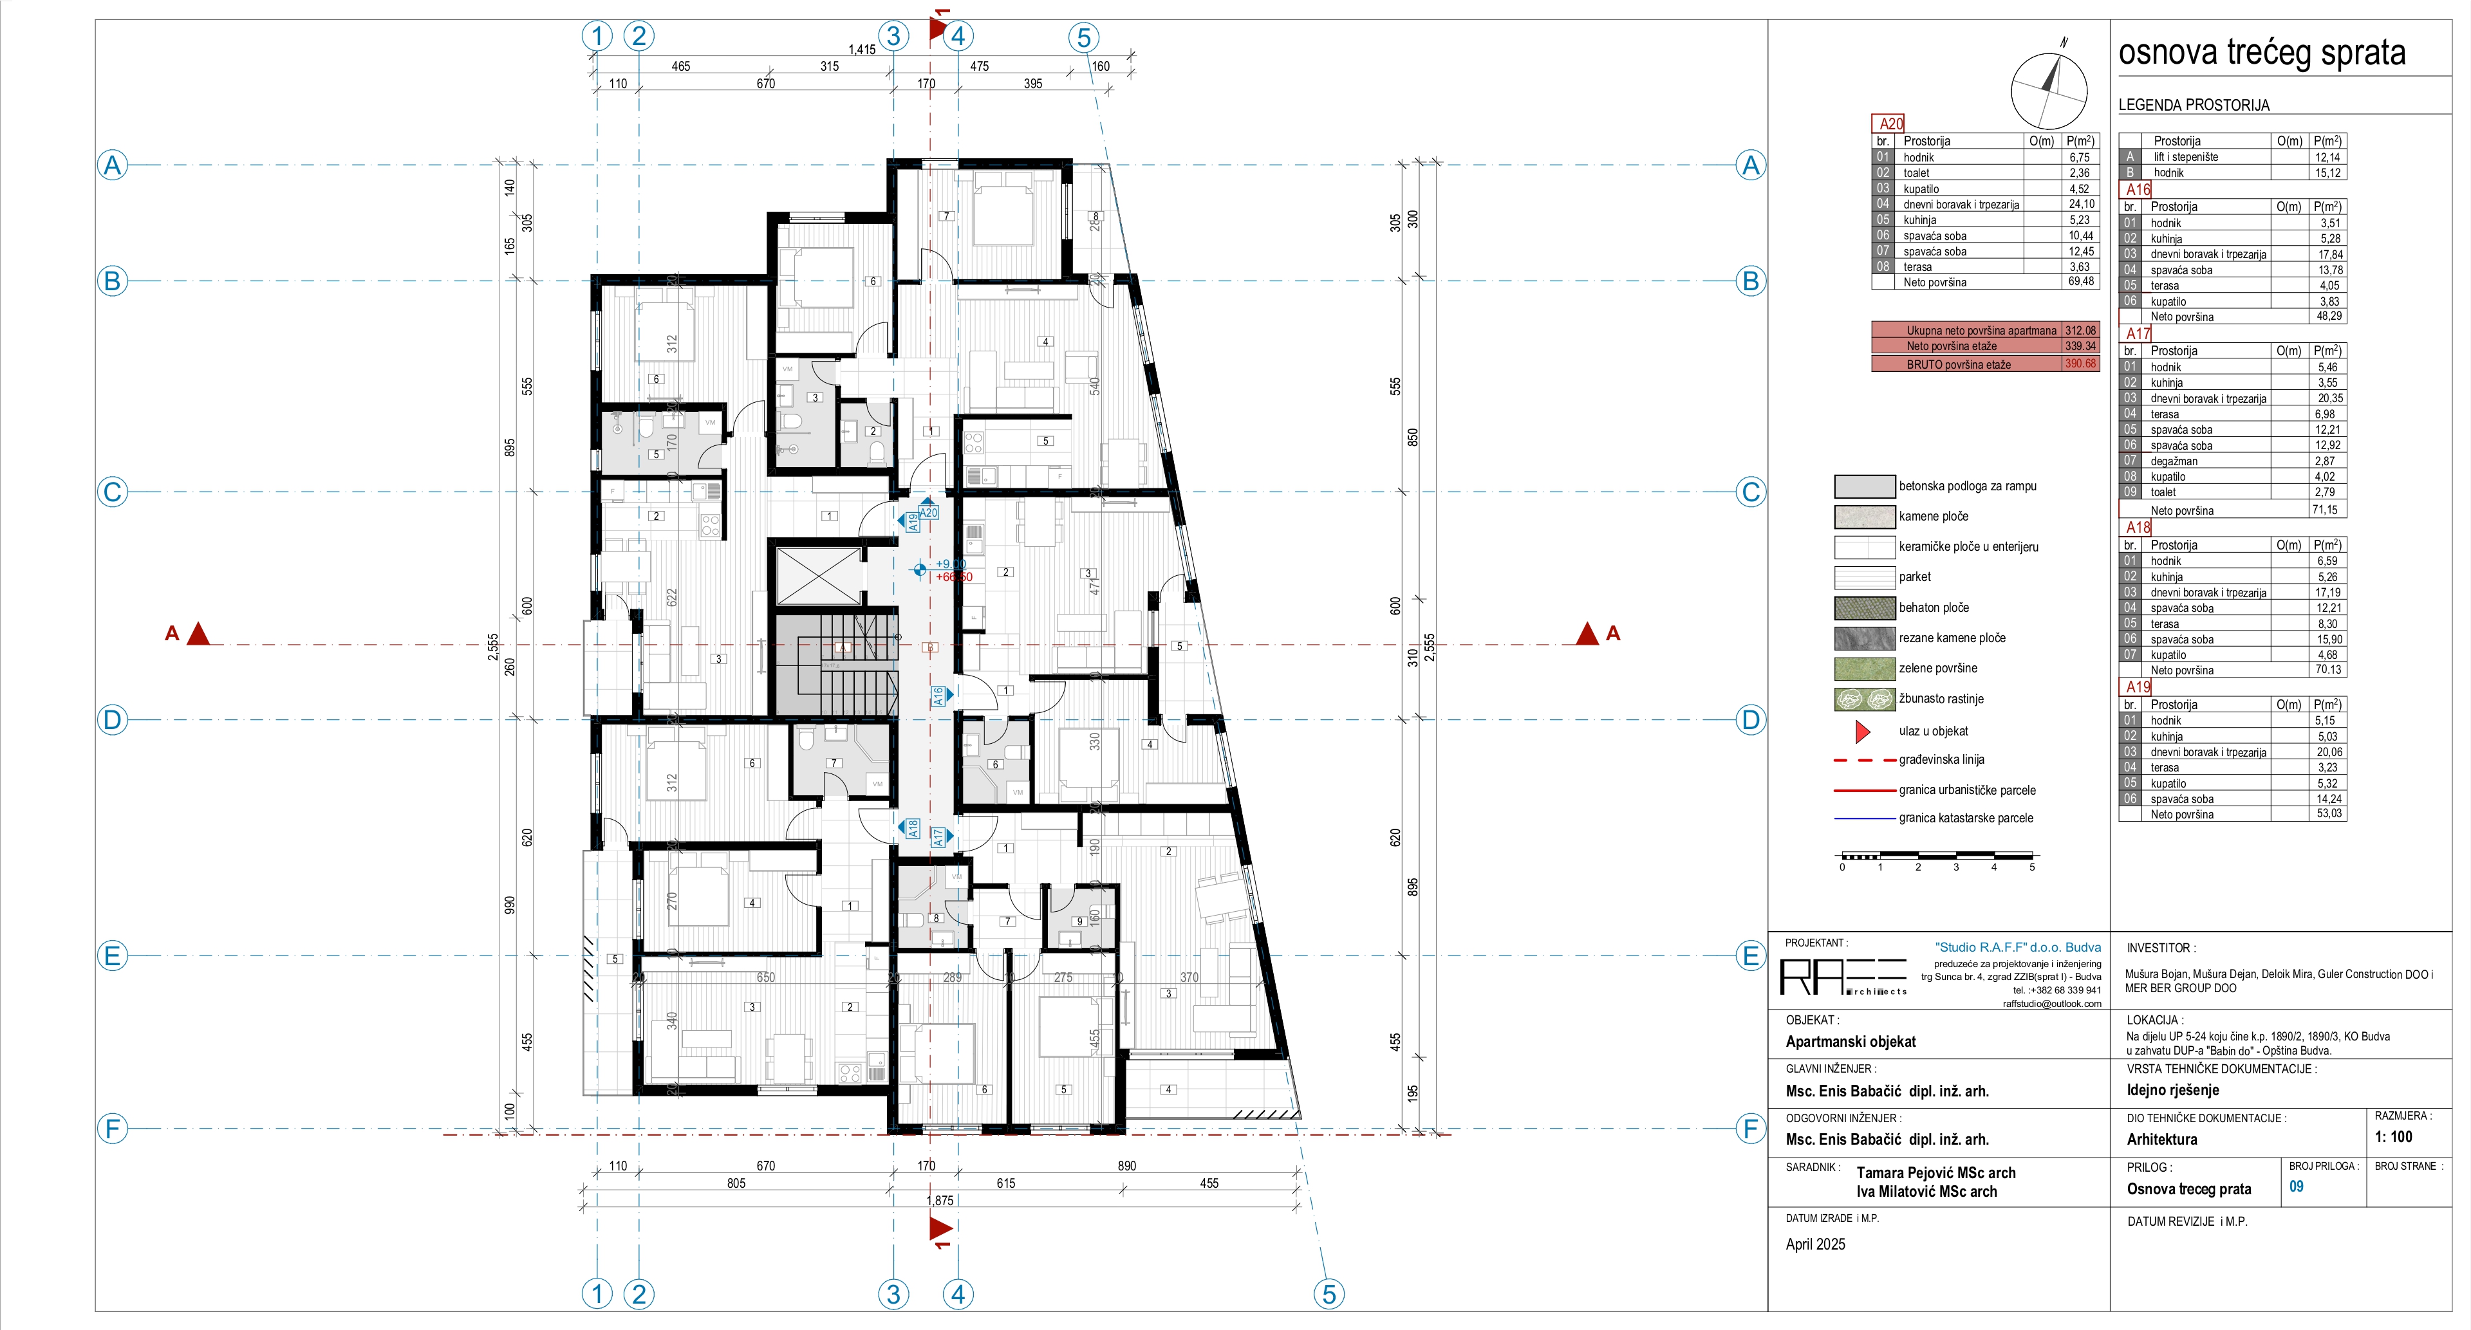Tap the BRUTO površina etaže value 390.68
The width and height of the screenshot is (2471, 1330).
(2080, 364)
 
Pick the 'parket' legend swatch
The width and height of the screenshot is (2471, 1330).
(1864, 577)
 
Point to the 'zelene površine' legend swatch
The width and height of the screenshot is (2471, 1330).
(1864, 669)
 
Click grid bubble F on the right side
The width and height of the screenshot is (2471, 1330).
(1751, 1129)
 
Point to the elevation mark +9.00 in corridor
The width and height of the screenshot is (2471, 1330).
(949, 564)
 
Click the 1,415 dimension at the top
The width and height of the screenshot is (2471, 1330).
(861, 50)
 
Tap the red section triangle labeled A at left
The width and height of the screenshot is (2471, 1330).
(198, 634)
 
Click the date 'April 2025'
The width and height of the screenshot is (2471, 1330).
(1815, 1244)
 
